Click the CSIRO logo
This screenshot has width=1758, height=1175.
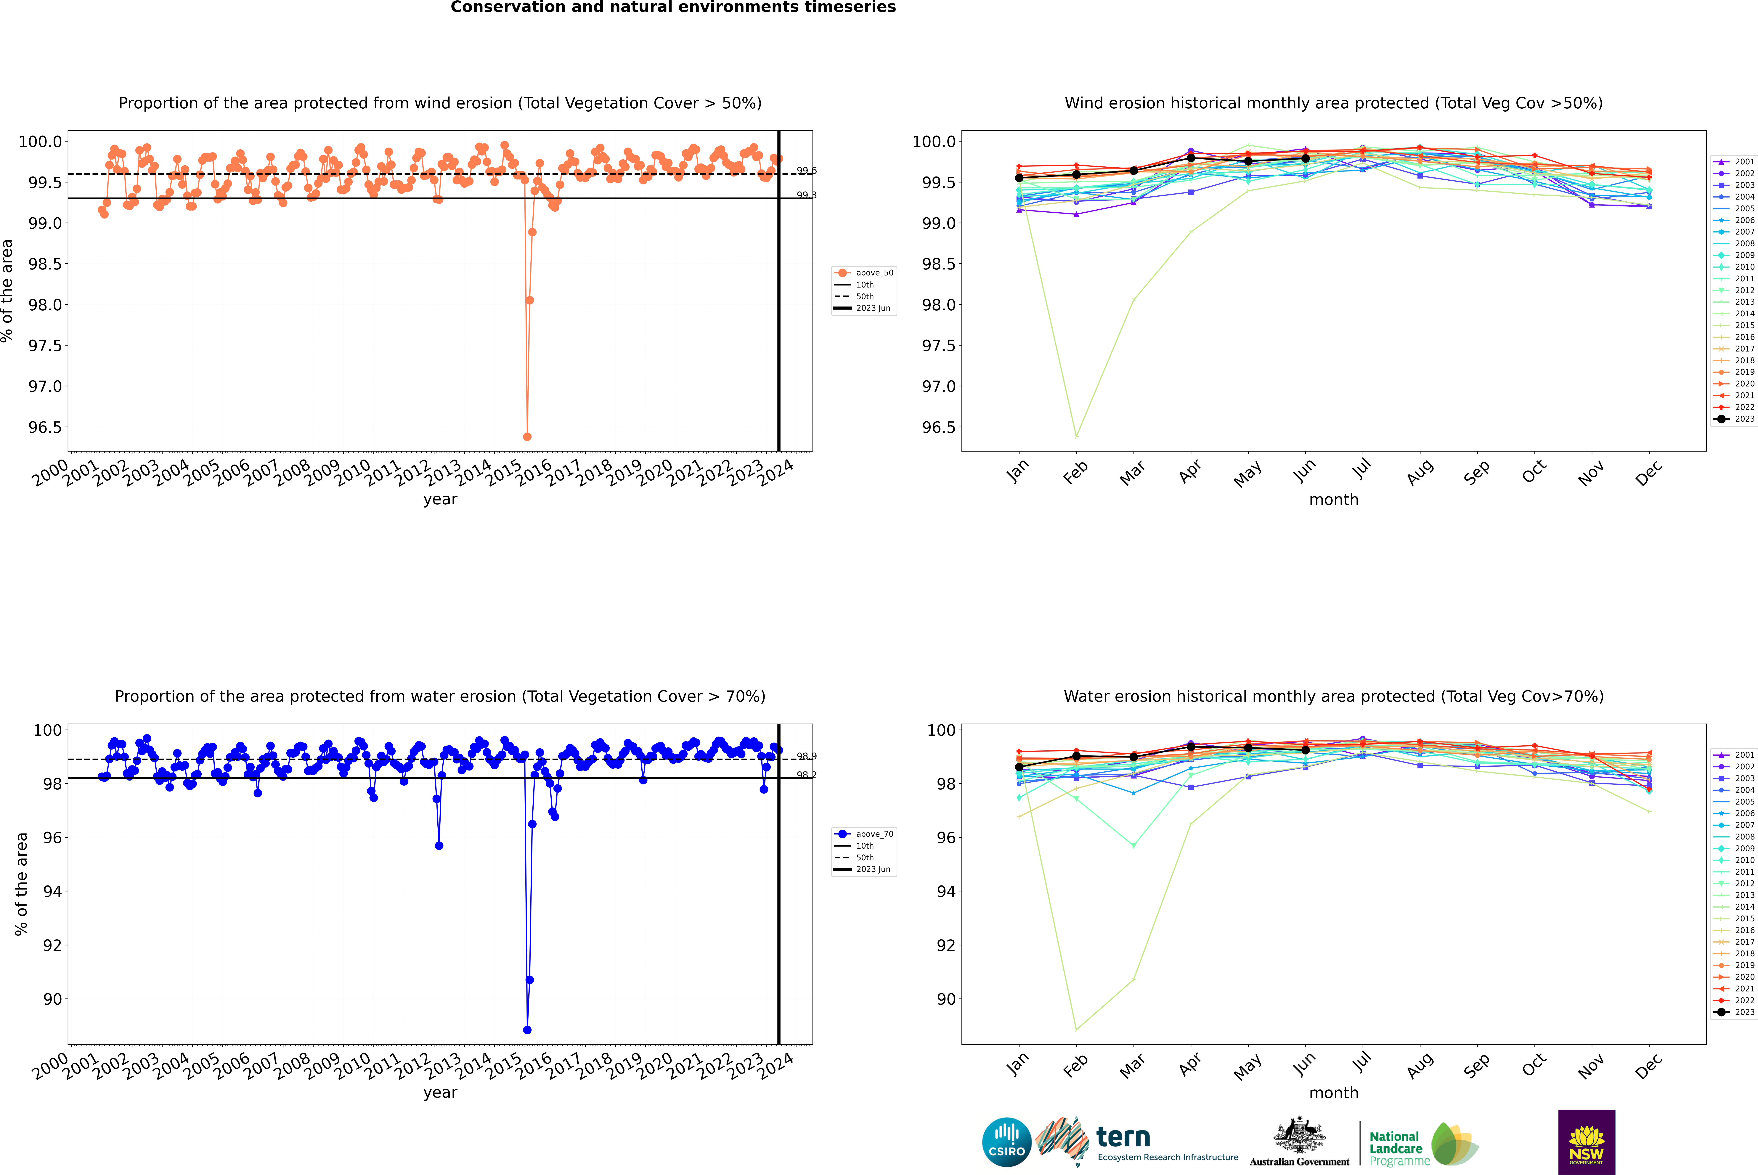tap(1006, 1142)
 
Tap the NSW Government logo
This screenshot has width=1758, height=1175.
tap(1586, 1142)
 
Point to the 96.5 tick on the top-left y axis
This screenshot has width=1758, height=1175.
tap(45, 427)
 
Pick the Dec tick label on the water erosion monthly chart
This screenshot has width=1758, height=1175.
tap(1649, 1066)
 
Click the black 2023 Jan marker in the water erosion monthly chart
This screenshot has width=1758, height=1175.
tap(1019, 767)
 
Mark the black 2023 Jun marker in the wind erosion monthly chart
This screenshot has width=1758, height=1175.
tap(1305, 159)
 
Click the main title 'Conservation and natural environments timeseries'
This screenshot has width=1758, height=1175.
tap(673, 7)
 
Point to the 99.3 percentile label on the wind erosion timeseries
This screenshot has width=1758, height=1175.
tap(806, 195)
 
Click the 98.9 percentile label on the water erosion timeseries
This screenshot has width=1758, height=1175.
tap(806, 756)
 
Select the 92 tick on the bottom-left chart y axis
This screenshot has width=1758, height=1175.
tap(52, 945)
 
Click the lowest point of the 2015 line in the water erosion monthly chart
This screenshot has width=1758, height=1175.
tap(1076, 1030)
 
